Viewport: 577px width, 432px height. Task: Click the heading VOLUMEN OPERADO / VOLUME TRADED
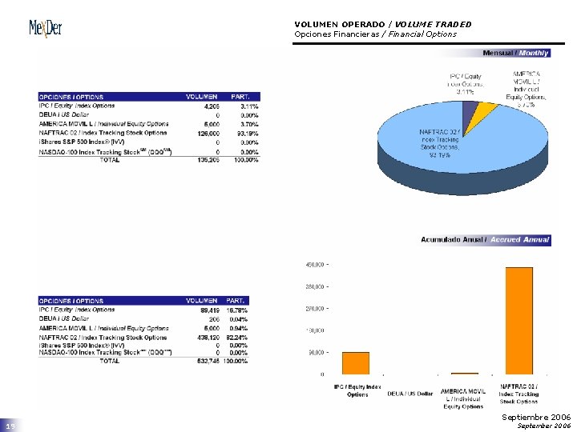(382, 24)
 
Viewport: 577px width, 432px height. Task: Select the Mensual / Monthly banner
(515, 53)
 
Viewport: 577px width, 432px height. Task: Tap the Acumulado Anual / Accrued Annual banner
(486, 240)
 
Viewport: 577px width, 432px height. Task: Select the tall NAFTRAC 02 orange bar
(518, 320)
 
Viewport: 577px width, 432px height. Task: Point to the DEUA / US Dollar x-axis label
(410, 394)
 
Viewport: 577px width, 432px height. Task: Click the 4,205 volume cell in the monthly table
(211, 106)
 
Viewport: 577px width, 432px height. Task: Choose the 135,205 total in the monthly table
(207, 160)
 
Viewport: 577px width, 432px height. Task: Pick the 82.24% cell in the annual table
(246, 337)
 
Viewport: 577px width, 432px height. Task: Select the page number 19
(10, 426)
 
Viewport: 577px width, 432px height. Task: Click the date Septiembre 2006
(536, 418)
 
